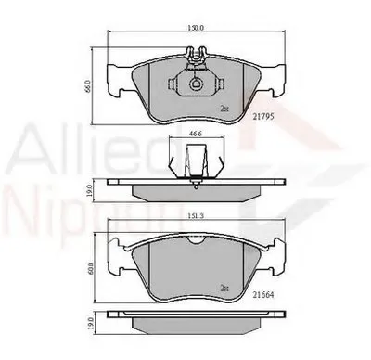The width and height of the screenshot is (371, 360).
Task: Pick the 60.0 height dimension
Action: coord(89,269)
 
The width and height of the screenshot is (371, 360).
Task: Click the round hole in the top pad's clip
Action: coord(197,86)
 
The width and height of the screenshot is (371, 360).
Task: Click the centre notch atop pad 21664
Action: coord(196,239)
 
